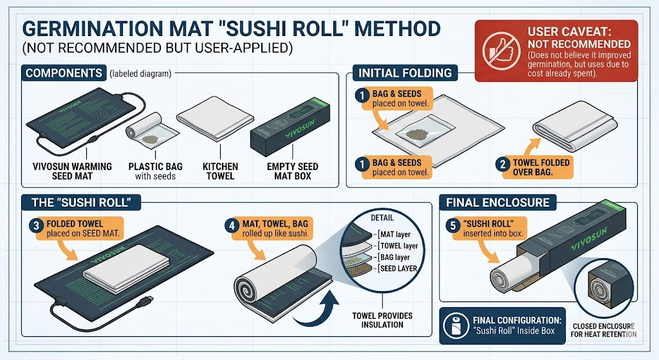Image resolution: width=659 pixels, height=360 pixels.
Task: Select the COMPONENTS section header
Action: (x=64, y=73)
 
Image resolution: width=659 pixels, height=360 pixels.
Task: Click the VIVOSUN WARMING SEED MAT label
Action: (x=72, y=171)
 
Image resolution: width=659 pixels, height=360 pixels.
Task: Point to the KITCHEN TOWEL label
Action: (x=220, y=171)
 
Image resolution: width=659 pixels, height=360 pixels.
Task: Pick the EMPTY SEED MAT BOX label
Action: (x=293, y=171)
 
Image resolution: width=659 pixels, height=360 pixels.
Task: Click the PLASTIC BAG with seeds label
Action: (x=156, y=171)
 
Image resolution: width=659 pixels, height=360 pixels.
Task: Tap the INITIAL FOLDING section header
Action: (x=405, y=73)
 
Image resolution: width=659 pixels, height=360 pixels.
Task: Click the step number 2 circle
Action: (x=503, y=164)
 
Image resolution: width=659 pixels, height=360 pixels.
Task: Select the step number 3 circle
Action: (x=36, y=225)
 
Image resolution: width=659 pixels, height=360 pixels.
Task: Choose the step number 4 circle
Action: (x=232, y=225)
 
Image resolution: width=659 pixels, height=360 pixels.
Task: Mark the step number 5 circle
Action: (x=453, y=225)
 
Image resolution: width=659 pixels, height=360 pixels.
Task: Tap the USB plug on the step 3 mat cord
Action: (x=147, y=301)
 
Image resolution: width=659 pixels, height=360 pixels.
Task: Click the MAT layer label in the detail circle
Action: (x=394, y=234)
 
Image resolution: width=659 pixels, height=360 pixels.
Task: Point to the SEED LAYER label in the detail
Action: (x=397, y=269)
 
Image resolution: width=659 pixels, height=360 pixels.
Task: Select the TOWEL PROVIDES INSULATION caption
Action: (x=382, y=320)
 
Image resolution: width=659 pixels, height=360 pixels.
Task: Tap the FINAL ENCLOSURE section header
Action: (x=497, y=202)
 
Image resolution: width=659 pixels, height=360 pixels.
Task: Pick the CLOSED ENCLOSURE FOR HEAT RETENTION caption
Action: (x=604, y=330)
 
